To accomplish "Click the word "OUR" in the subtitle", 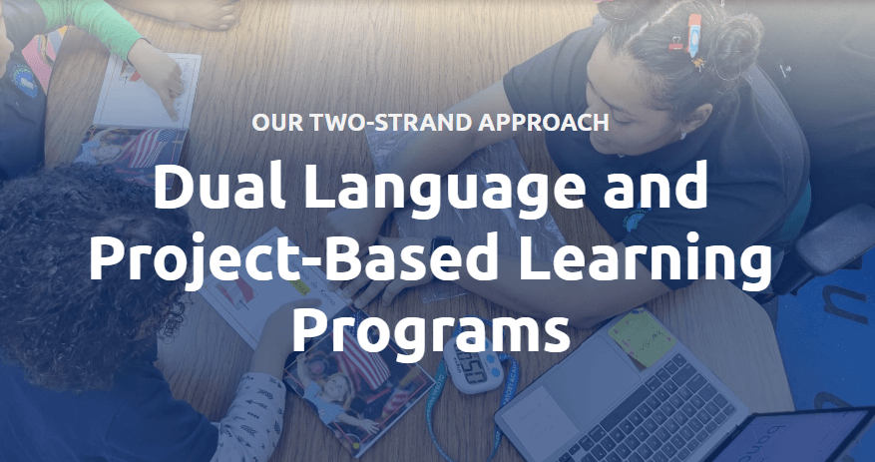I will click(273, 124).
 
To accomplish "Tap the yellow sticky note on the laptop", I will click(641, 336).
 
